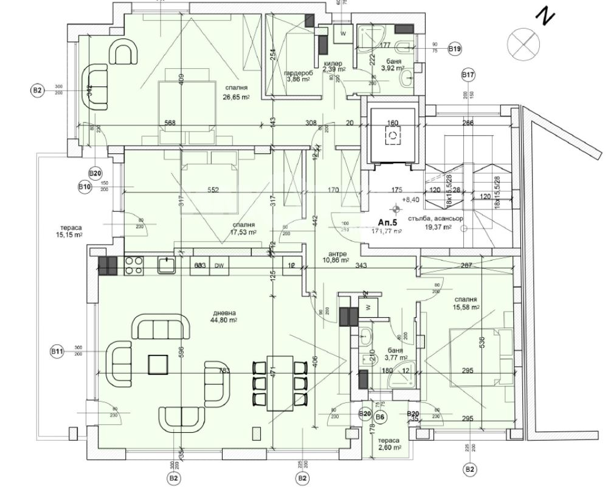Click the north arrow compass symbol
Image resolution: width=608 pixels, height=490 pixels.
[526, 42]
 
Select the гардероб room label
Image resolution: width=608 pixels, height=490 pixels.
[298, 72]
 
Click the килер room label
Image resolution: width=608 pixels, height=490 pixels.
[333, 63]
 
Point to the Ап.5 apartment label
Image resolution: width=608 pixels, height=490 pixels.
[389, 222]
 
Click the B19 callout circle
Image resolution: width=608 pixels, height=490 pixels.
[454, 49]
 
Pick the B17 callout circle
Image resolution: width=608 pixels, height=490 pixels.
[468, 75]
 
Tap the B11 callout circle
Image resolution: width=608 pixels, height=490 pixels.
[57, 351]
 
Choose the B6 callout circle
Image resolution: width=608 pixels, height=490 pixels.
[381, 416]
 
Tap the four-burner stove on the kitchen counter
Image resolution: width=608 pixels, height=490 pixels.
[134, 265]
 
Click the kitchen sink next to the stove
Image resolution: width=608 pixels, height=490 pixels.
[166, 265]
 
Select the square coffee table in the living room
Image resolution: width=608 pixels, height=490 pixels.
[159, 364]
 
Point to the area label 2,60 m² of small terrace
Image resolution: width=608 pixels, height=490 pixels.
[389, 447]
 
